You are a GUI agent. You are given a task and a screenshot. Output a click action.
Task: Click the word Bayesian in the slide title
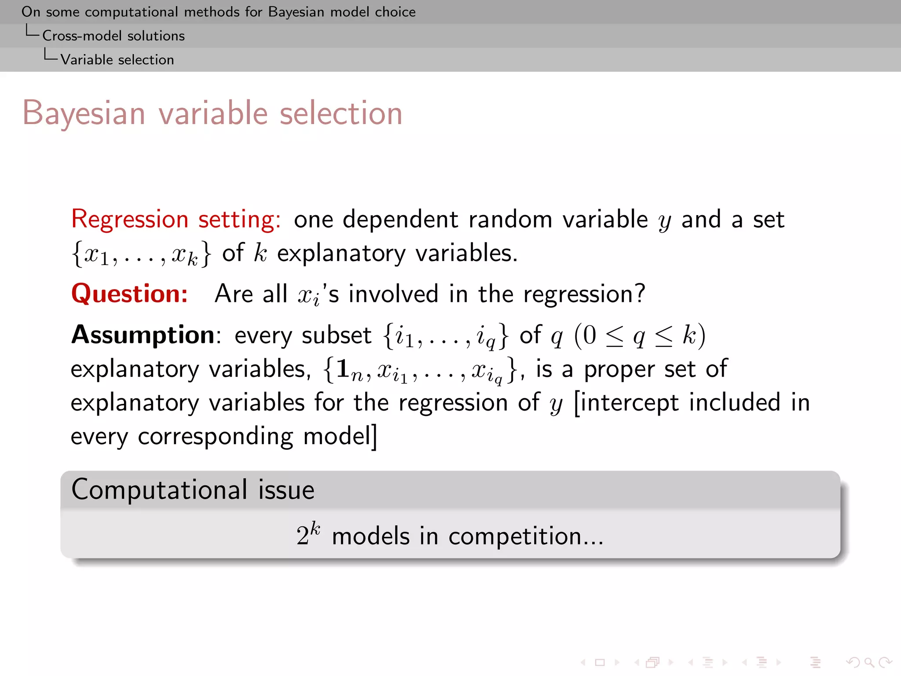(84, 114)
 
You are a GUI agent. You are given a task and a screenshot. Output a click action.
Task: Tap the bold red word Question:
(130, 294)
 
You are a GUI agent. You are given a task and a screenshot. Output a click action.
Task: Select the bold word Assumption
(143, 335)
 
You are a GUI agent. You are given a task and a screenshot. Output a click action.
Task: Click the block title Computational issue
(193, 489)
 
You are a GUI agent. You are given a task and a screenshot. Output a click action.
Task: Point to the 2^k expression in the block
(308, 534)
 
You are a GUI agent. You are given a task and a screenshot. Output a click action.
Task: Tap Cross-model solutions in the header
(114, 36)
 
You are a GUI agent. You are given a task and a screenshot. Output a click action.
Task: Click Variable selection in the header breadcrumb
(117, 59)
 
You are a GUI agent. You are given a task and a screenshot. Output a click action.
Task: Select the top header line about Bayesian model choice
(219, 12)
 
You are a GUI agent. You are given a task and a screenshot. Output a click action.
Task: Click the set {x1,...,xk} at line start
(141, 254)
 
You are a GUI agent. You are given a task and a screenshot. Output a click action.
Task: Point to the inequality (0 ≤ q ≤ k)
(640, 336)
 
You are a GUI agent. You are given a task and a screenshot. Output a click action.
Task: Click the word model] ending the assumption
(340, 437)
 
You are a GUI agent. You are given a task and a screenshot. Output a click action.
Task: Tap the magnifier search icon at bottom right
(868, 662)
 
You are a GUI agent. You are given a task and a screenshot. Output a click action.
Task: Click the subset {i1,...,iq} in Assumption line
(446, 336)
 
